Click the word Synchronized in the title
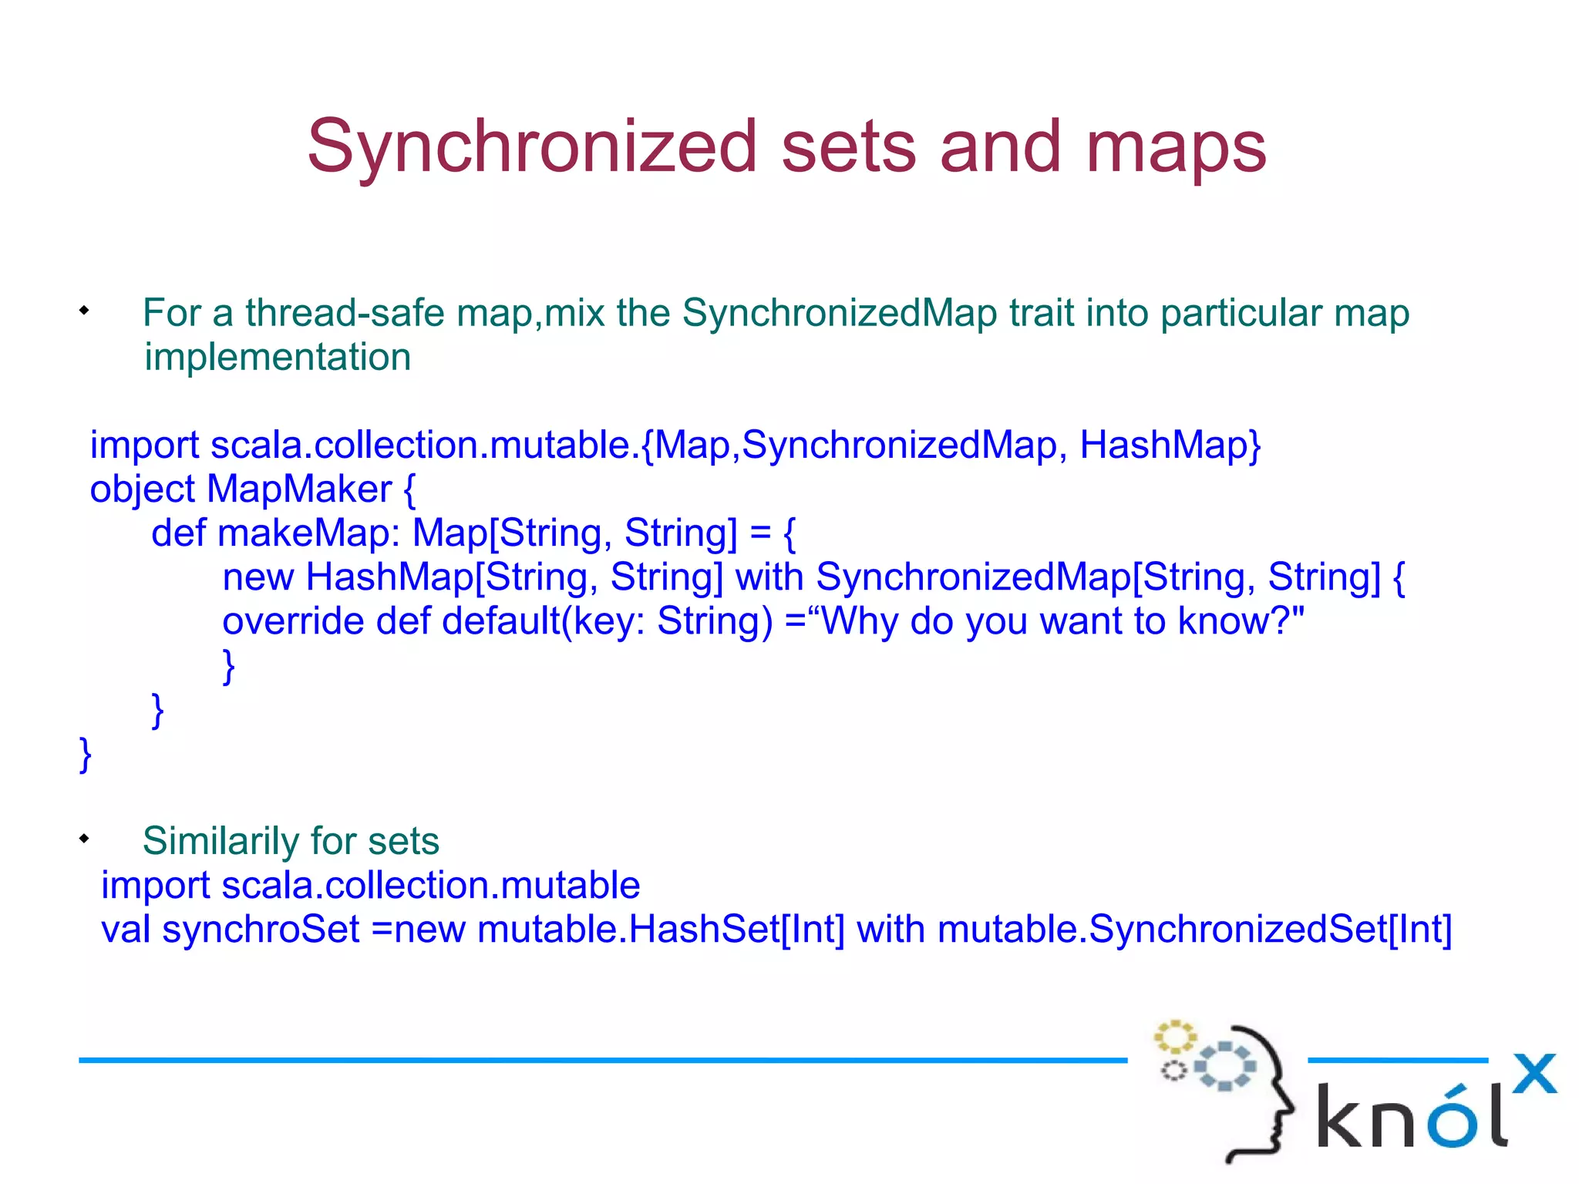click(x=532, y=146)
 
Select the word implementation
click(x=278, y=358)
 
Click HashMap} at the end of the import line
click(x=1170, y=446)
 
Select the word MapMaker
click(x=298, y=489)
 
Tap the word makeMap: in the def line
click(x=308, y=533)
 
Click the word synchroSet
click(x=261, y=930)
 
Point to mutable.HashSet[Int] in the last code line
click(x=661, y=930)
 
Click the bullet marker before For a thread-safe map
click(x=84, y=311)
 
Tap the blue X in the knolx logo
click(x=1534, y=1073)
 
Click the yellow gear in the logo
click(x=1174, y=1037)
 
